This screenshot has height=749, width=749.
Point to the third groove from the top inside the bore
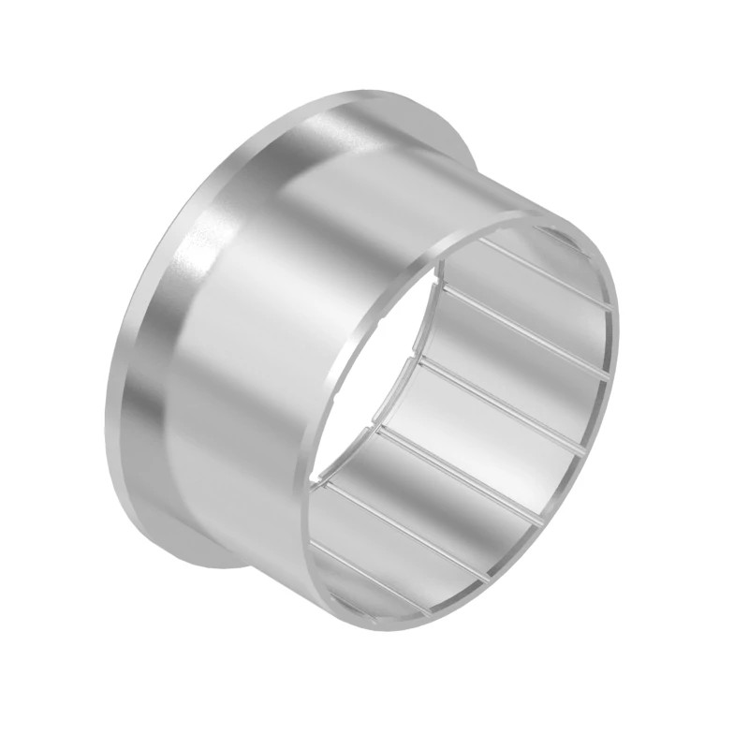pos(496,399)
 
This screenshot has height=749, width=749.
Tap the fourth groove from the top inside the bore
pos(459,464)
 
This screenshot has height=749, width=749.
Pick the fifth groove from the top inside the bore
pos(412,524)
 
